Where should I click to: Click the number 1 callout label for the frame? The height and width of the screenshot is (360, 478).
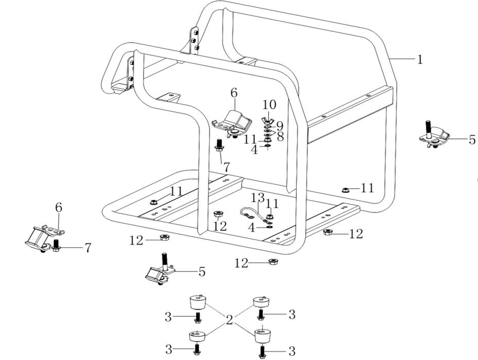pos(420,59)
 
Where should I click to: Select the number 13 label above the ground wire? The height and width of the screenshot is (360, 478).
pos(258,197)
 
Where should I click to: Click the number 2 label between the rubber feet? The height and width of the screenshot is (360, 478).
pos(229,320)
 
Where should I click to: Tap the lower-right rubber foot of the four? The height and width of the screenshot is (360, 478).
pos(263,335)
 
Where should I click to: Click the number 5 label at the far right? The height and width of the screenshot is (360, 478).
pos(472,139)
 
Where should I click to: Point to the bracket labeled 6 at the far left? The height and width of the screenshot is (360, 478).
pos(42,238)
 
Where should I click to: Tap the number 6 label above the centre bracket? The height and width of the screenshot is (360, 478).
pos(234,93)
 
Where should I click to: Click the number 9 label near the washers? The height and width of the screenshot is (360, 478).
pos(279,125)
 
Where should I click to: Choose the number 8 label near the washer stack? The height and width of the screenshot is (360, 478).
pos(280,136)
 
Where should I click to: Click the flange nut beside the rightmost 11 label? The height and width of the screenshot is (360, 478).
pos(346,190)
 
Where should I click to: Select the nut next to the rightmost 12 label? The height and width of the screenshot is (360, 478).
pos(327,232)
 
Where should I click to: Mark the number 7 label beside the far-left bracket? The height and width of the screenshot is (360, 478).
pos(88,248)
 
